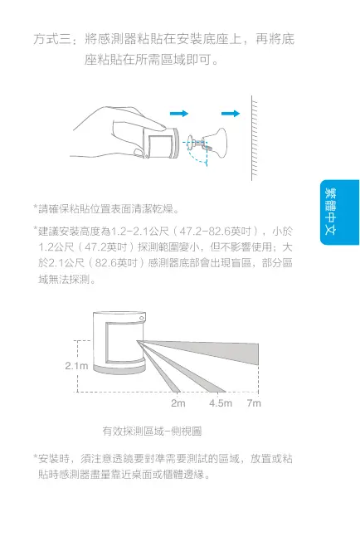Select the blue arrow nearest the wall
pos(229,113)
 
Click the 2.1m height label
pos(76,365)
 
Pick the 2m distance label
pos(178,403)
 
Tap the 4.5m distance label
pos(220,403)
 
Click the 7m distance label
pos(254,403)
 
